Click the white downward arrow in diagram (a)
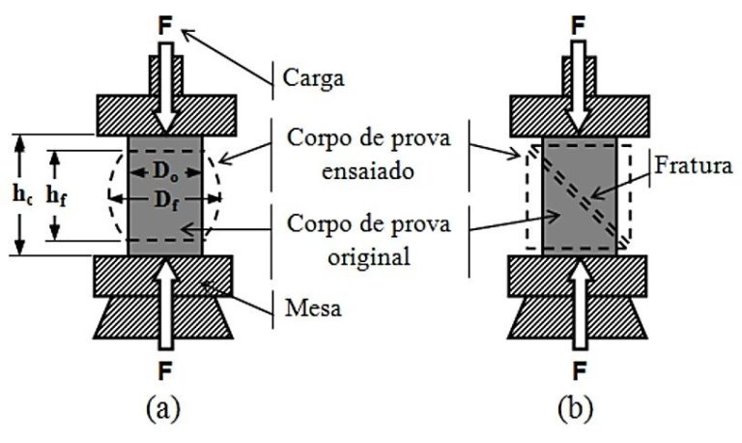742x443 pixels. click(165, 87)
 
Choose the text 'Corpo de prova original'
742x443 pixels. click(357, 244)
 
